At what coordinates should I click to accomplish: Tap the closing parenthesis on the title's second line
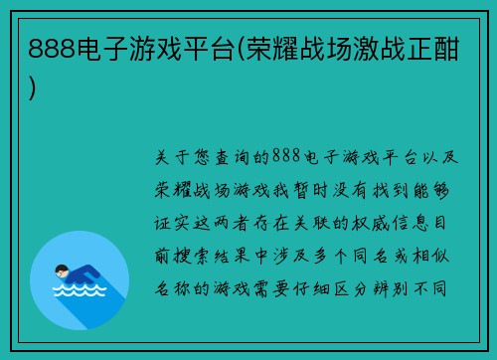(x=35, y=88)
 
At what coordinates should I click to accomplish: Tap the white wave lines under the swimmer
(x=80, y=293)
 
